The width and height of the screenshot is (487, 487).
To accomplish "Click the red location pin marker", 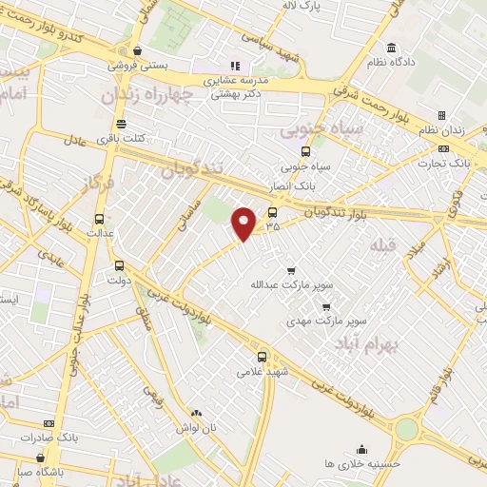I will [245, 222].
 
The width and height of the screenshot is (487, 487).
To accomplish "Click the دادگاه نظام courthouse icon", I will [391, 49].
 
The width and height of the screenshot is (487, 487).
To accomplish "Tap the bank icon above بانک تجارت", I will [443, 149].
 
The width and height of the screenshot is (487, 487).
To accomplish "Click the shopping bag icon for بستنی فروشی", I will [139, 50].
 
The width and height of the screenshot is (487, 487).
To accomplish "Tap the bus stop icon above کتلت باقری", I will [121, 124].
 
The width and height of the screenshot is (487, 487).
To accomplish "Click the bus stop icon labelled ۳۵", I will [273, 213].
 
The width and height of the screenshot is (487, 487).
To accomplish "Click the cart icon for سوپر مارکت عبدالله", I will [291, 268].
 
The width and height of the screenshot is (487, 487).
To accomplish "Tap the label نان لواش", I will [197, 429].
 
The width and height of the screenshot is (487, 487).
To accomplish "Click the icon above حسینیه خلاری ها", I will [361, 448].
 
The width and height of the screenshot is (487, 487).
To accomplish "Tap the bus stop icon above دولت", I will [119, 265].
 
